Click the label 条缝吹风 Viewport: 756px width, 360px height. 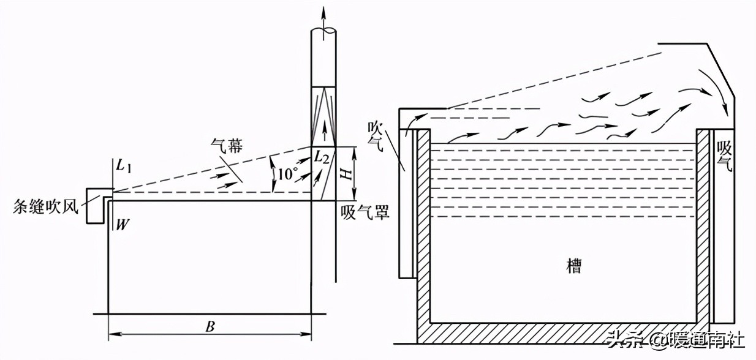click(46, 206)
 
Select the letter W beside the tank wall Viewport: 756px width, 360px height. click(122, 225)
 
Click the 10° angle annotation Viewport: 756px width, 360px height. click(287, 174)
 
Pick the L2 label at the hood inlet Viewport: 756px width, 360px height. click(322, 157)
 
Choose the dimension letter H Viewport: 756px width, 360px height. click(347, 174)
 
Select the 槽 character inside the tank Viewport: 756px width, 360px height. click(573, 266)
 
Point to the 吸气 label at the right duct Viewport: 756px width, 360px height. click(725, 157)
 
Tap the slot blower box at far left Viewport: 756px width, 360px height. click(94, 205)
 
